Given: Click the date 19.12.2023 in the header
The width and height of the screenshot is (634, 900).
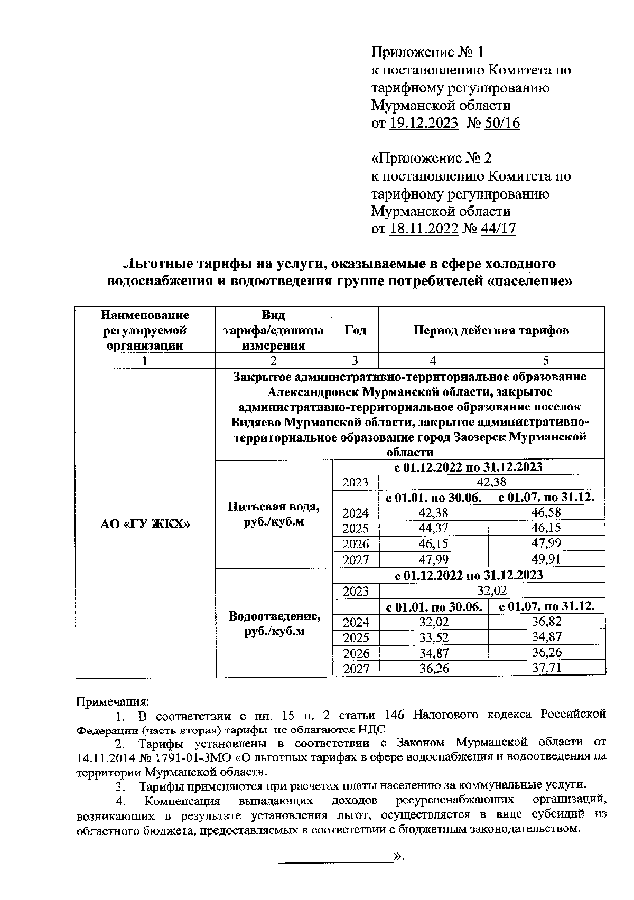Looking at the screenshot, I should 424,123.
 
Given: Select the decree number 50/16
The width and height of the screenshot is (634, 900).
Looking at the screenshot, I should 502,123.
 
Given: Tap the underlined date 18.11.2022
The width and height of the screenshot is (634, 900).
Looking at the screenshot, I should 423,229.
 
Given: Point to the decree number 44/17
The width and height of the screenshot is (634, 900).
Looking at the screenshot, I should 498,229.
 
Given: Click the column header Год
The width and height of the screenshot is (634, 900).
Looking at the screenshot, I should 355,331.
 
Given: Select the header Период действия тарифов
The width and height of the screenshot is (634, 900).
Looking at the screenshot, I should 491,331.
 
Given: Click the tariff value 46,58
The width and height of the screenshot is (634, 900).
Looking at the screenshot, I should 546,512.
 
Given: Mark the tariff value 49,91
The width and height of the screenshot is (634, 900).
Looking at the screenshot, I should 546,559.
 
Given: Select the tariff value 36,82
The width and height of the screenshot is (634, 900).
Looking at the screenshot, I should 546,622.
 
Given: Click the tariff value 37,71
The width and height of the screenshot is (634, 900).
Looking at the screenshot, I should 546,668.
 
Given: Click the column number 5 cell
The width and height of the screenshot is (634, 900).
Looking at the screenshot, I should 546,361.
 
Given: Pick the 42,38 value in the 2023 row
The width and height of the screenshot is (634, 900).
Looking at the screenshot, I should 491,482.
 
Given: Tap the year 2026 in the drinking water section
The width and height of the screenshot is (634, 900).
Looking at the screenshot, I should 356,543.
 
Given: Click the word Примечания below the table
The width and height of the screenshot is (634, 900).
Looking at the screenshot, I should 113,701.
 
